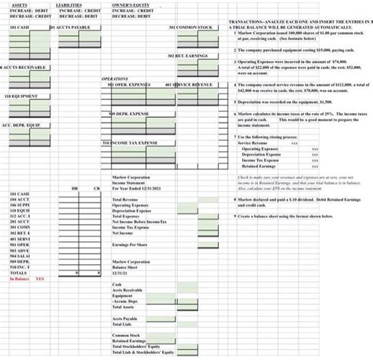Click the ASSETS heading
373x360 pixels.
click(17, 5)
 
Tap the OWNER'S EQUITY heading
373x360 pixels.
click(131, 5)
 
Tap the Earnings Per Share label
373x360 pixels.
click(131, 246)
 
